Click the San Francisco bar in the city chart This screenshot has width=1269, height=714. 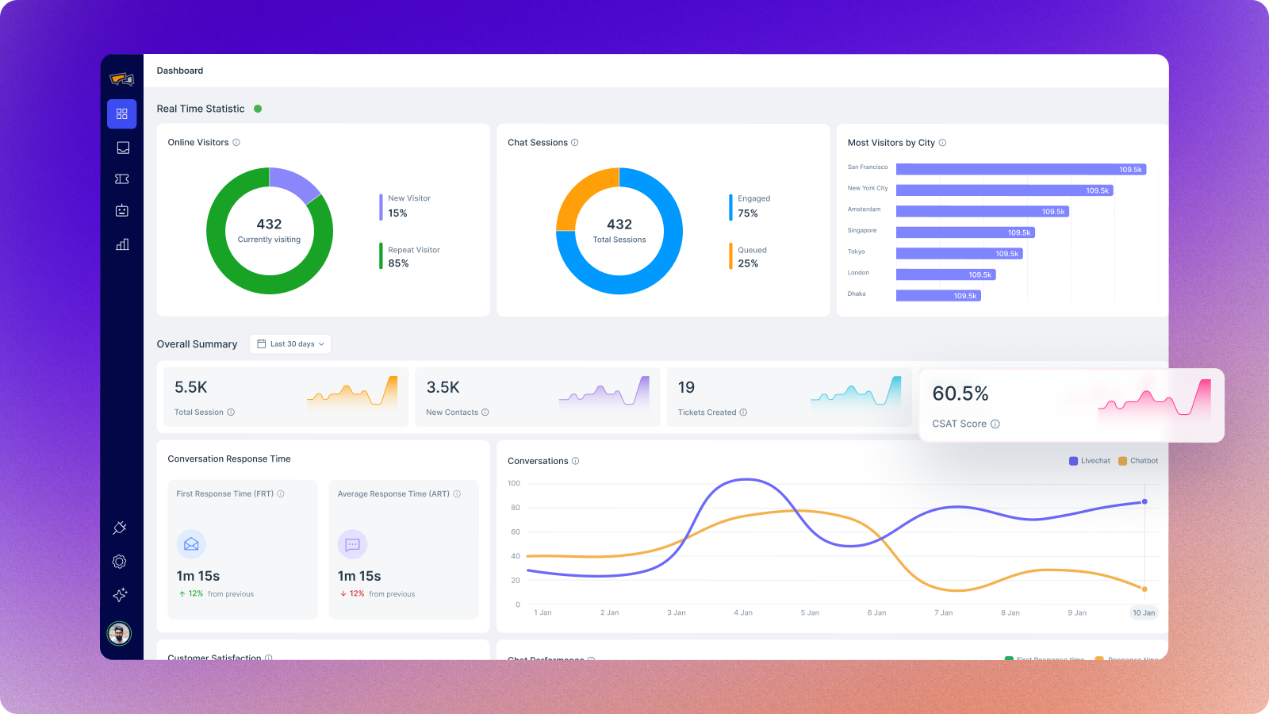[x=1021, y=169]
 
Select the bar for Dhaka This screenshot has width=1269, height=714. [x=938, y=296]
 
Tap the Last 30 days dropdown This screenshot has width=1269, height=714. [x=290, y=344]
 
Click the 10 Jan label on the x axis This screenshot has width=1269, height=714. [x=1144, y=612]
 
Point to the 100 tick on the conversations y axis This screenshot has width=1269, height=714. [x=514, y=483]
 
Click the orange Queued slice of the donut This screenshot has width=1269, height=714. [x=584, y=194]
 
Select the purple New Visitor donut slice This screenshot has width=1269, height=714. [x=292, y=183]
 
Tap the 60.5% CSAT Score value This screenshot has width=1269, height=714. [x=960, y=393]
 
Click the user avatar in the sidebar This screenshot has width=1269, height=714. [x=119, y=633]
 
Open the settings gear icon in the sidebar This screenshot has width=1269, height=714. [x=120, y=562]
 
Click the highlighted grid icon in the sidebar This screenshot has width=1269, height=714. [x=122, y=114]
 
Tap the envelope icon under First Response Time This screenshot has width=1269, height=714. [x=191, y=544]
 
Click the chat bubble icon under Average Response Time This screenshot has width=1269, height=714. [x=352, y=544]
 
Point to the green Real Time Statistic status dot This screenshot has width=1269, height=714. [x=258, y=109]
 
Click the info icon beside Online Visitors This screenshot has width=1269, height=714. [x=236, y=143]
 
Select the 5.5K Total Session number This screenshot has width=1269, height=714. [x=191, y=387]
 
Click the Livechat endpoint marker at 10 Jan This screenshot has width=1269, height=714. [x=1144, y=501]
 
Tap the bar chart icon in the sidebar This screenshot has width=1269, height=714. [x=122, y=244]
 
